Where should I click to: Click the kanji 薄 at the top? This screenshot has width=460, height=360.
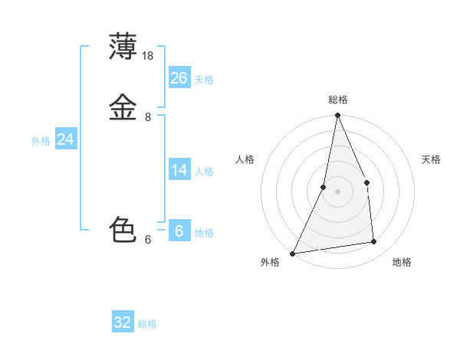[123, 47]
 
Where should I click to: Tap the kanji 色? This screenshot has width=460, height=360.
[123, 230]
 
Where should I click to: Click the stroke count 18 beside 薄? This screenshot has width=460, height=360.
[149, 56]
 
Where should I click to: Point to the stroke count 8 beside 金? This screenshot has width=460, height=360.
[148, 117]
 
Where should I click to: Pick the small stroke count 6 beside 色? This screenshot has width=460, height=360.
[148, 240]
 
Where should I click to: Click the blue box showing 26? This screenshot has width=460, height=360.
[179, 77]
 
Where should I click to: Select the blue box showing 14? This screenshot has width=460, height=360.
[179, 170]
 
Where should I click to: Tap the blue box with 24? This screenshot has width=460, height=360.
[66, 139]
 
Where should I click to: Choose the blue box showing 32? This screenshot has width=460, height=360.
[123, 322]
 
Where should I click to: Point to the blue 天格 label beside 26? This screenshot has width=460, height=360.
[204, 79]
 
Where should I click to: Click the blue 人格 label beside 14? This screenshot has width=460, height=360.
[204, 172]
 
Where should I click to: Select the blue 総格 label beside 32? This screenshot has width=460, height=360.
[147, 324]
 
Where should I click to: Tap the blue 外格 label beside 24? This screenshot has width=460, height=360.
[41, 141]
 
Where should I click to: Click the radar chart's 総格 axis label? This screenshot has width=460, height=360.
[337, 100]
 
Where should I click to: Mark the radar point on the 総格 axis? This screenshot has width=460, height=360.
[337, 116]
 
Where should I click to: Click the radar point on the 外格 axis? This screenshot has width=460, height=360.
[293, 253]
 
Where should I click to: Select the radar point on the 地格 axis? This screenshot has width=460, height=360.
[374, 242]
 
